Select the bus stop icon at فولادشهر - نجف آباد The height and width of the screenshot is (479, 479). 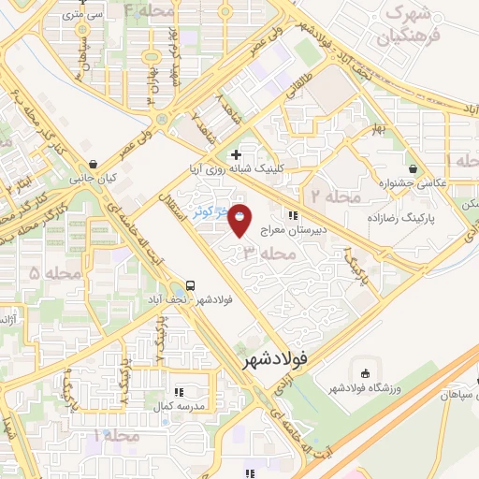(x=191, y=284)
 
